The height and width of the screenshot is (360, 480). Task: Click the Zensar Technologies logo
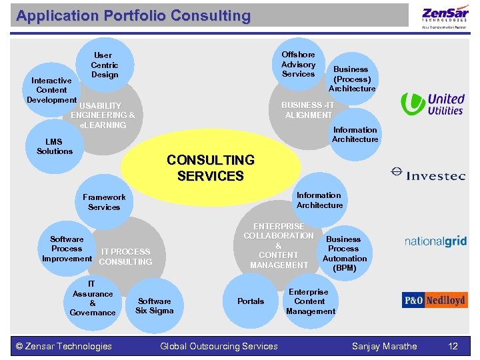445,16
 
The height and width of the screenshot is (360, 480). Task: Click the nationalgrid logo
436,241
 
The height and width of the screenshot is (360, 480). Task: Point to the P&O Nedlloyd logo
435,300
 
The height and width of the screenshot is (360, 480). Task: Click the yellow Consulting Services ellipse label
211,168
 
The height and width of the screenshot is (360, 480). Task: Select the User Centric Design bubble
105,65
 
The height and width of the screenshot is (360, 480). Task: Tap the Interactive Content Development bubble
51,91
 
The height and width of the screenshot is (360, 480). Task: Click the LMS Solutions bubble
55,147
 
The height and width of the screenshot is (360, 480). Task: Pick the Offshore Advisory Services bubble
298,64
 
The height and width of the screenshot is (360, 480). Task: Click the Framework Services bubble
104,202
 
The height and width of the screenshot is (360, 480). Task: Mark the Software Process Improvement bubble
67,249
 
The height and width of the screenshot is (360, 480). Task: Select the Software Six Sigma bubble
154,305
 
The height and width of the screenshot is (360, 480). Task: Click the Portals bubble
251,301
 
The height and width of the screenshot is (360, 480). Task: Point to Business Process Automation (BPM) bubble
344,253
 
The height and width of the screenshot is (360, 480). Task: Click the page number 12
453,346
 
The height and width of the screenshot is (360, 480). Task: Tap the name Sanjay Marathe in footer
385,346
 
